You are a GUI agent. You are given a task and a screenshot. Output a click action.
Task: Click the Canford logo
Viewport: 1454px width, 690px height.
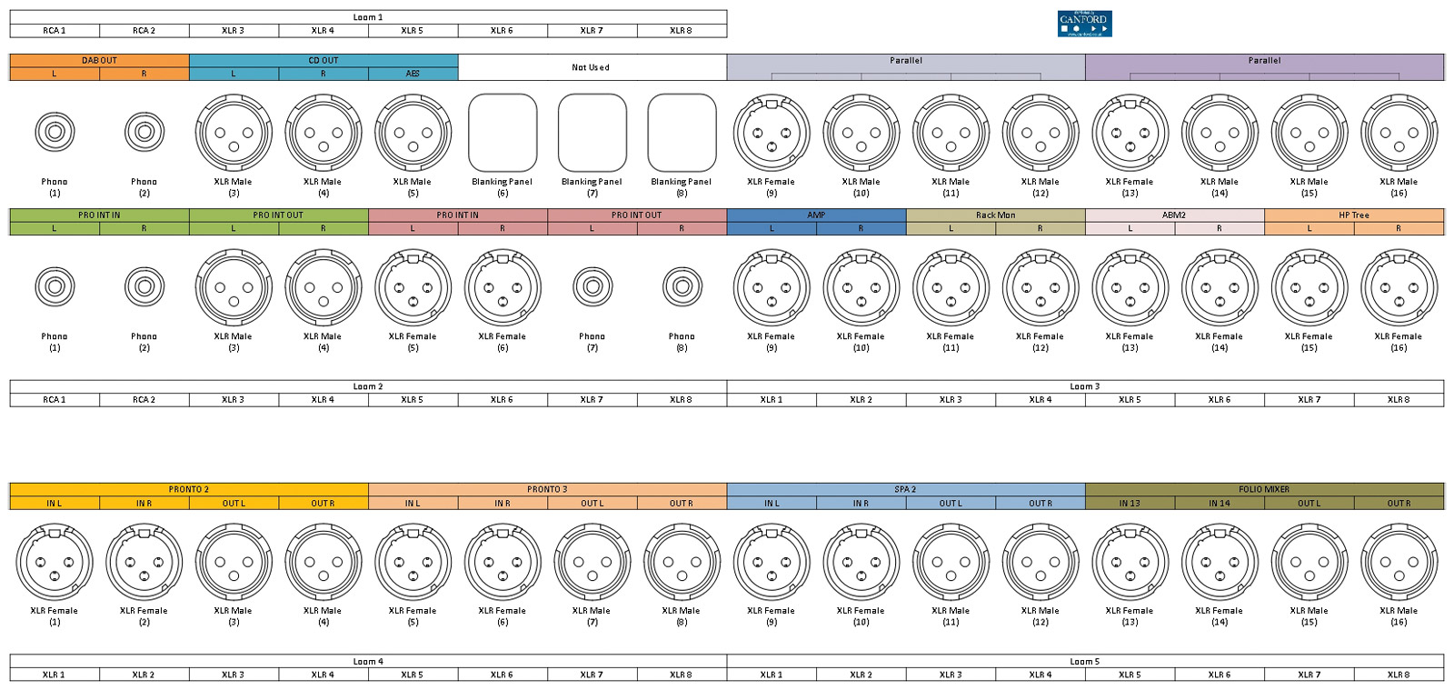(x=1084, y=24)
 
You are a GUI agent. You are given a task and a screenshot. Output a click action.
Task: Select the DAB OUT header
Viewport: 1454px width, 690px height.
(x=99, y=61)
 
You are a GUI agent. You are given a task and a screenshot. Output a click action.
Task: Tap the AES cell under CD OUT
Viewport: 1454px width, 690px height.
(x=413, y=74)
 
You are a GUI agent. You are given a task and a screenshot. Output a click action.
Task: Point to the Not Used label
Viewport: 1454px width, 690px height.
(x=591, y=67)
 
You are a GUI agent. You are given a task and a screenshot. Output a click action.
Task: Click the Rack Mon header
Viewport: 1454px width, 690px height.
(x=995, y=215)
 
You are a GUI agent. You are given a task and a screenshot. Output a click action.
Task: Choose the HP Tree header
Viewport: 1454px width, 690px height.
(x=1353, y=215)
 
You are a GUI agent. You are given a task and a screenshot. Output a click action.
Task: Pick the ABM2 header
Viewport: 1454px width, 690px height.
(x=1174, y=215)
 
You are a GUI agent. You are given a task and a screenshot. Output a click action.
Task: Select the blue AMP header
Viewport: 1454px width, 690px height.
(x=816, y=215)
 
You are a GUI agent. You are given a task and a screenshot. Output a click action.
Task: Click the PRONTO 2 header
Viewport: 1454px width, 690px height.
(x=188, y=489)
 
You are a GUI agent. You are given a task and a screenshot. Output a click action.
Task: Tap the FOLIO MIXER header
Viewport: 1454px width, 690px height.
(x=1264, y=489)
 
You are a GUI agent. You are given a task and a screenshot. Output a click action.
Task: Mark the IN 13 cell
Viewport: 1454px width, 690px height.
(x=1130, y=503)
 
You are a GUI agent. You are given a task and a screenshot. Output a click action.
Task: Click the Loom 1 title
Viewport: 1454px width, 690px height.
(x=368, y=17)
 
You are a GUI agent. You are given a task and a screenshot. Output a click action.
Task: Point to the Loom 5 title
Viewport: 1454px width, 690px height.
(x=1084, y=662)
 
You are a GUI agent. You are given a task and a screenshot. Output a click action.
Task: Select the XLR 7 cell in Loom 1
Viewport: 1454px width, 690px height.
(x=592, y=31)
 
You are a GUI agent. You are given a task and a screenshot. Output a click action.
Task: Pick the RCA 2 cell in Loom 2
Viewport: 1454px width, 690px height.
(x=144, y=400)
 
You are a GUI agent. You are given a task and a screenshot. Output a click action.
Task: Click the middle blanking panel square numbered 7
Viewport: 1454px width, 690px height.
(x=592, y=133)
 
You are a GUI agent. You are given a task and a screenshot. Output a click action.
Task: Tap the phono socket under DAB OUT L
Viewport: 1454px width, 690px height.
(x=55, y=133)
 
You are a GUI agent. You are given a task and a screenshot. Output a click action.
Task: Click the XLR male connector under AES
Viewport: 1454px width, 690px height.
(x=413, y=133)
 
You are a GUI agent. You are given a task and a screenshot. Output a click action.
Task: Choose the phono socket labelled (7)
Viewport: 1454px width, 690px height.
(x=593, y=287)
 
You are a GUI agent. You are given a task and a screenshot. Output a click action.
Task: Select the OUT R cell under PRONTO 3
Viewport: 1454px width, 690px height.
(x=682, y=503)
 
